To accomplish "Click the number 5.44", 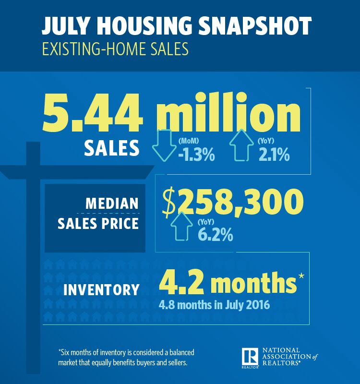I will tap(92, 115).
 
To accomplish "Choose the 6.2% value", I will tap(215, 235).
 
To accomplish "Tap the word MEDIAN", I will tap(112, 203).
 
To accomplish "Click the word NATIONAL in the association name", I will tap(281, 350).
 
